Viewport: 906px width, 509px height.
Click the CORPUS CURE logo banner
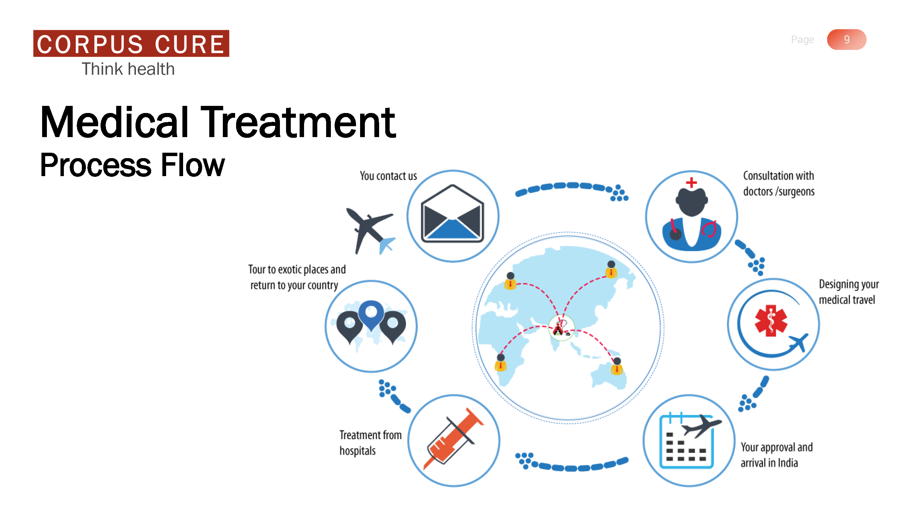[x=131, y=43]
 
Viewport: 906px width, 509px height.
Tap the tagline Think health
[x=128, y=69]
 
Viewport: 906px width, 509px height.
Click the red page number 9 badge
[x=847, y=39]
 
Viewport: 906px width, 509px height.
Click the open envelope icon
[x=452, y=213]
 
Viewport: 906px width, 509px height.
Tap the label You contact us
[x=388, y=176]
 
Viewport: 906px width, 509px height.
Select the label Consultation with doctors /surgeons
[x=779, y=183]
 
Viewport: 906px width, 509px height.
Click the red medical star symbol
[x=770, y=320]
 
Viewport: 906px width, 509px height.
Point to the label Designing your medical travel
[x=849, y=291]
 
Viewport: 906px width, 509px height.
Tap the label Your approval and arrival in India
[x=777, y=455]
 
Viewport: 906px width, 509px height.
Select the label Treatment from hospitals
[x=370, y=442]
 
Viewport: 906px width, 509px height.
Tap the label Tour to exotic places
[x=297, y=269]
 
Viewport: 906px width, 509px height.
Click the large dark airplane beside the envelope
[x=370, y=230]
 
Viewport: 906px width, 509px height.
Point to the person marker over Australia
[x=617, y=366]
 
